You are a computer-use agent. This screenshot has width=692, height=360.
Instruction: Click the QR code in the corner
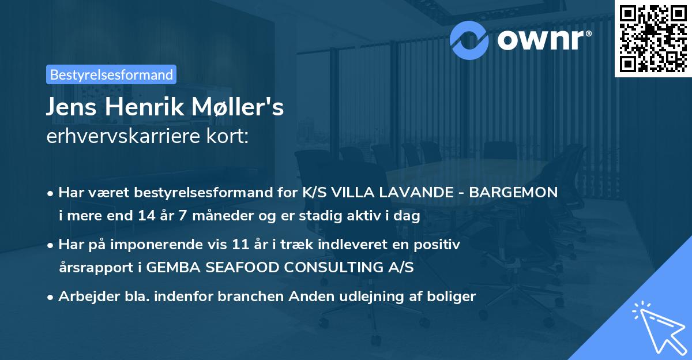coord(653,38)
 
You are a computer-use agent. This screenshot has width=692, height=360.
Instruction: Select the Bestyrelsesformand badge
coord(111,74)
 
